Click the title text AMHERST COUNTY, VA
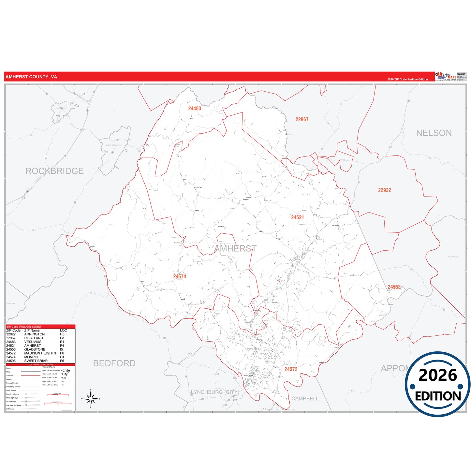[31, 77]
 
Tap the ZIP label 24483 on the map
[195, 109]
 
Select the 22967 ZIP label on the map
[302, 120]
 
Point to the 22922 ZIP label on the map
[384, 190]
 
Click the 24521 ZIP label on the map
[297, 217]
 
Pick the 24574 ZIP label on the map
[180, 276]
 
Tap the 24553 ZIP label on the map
[394, 287]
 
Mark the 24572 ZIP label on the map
[291, 369]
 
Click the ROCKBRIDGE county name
[54, 171]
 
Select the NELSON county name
[434, 133]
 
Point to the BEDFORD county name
[114, 363]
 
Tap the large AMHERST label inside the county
[235, 249]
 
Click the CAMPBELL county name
[305, 399]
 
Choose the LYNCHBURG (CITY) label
[215, 392]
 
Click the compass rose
[91, 398]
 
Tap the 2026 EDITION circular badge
[438, 384]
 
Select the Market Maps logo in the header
[446, 77]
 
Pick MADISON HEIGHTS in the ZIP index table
[40, 353]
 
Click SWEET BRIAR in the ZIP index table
[36, 361]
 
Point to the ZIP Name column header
[32, 331]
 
